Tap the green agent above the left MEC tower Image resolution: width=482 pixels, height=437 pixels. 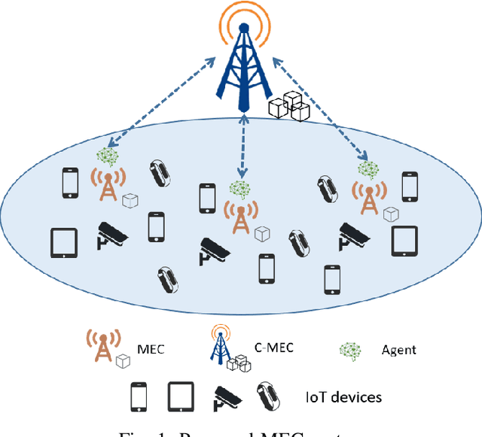108,156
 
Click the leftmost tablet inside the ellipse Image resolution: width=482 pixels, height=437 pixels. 64,242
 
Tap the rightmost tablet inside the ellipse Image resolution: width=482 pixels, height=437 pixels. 404,241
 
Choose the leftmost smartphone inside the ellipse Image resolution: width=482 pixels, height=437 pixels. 70,181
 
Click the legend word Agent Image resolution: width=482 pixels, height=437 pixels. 399,350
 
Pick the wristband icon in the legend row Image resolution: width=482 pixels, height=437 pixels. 266,396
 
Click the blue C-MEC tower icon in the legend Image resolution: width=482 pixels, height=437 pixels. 221,347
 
